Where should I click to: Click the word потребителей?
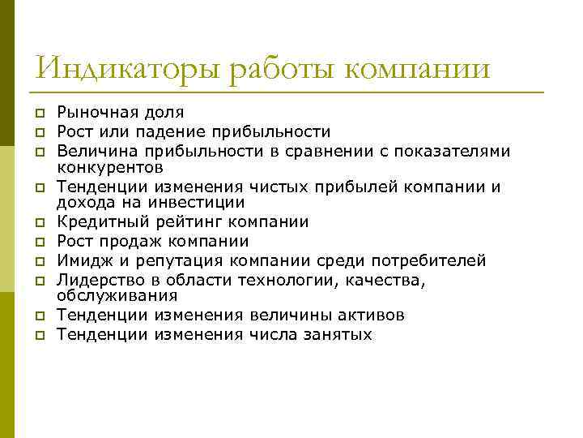(x=421, y=260)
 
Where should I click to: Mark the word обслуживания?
(x=111, y=298)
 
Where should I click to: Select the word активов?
(x=369, y=316)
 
